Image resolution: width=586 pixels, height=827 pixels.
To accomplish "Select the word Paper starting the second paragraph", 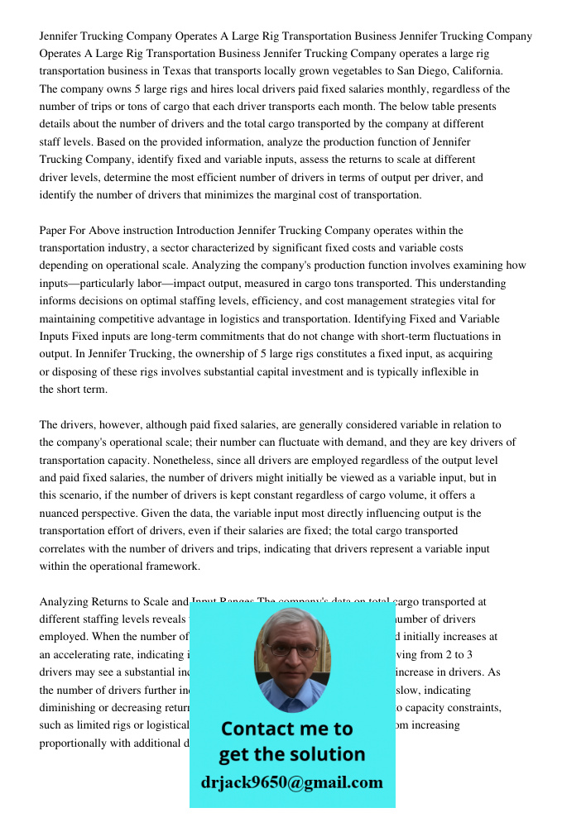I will point(54,231).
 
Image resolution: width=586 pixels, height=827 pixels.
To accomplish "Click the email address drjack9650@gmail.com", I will point(292,782).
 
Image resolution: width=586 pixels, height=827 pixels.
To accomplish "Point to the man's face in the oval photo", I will point(291,654).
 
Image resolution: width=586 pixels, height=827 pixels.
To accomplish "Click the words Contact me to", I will point(287,729).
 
